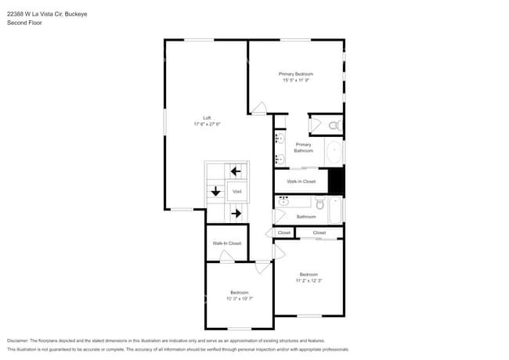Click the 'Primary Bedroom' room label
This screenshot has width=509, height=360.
pyautogui.click(x=295, y=74)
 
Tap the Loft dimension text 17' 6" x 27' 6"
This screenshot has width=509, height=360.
pyautogui.click(x=207, y=124)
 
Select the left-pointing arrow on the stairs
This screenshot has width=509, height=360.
pyautogui.click(x=235, y=171)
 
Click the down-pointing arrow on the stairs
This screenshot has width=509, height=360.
pyautogui.click(x=215, y=191)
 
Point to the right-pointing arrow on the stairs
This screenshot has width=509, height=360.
pyautogui.click(x=236, y=212)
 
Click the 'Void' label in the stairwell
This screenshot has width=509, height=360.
pyautogui.click(x=236, y=191)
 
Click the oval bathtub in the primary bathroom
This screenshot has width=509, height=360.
pyautogui.click(x=334, y=153)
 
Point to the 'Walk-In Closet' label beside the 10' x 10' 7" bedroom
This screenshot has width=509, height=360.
pyautogui.click(x=226, y=243)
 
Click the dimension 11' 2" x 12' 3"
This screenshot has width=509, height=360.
pyautogui.click(x=309, y=280)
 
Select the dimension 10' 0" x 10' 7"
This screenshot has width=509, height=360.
pyautogui.click(x=239, y=298)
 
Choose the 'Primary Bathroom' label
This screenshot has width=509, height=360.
pyautogui.click(x=303, y=147)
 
